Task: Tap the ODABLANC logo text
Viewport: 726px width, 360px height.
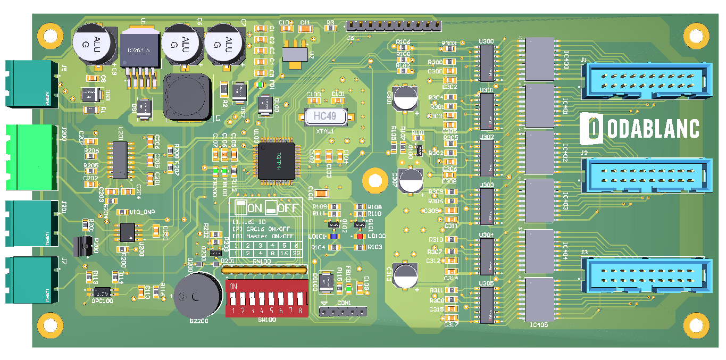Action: (639, 129)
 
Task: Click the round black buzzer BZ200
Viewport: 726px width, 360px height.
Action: (197, 296)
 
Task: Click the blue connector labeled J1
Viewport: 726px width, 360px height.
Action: (646, 80)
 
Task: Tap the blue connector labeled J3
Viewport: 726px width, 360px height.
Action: (646, 275)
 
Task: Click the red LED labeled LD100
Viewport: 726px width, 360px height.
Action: (360, 236)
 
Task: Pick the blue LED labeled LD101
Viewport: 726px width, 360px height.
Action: (334, 236)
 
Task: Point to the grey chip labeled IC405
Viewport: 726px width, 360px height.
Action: (539, 298)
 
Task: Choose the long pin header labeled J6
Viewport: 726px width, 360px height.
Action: (394, 26)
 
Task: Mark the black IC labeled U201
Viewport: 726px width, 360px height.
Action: (120, 160)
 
